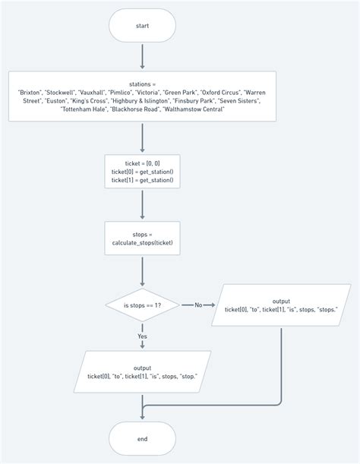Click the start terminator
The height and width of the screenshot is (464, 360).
(142, 26)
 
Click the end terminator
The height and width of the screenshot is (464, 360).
(142, 438)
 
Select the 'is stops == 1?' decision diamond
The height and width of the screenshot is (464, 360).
(142, 305)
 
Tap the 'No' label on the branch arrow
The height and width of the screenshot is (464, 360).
(198, 305)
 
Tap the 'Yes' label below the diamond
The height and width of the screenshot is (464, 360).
(142, 336)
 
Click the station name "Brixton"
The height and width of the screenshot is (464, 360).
(30, 93)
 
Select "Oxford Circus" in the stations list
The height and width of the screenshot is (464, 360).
(220, 93)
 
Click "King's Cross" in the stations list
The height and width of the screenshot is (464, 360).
(89, 100)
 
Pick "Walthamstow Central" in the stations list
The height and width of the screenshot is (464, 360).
(194, 109)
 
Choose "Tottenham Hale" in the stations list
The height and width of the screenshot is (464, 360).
(84, 109)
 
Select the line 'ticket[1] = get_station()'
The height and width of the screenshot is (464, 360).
(142, 180)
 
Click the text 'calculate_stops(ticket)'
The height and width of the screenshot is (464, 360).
(142, 243)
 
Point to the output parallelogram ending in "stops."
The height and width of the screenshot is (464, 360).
(281, 305)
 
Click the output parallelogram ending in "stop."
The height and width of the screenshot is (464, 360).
(142, 372)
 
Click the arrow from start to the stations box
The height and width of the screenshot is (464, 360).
(142, 57)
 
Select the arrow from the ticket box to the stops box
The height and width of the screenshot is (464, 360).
(142, 205)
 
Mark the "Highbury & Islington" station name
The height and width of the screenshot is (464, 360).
(141, 100)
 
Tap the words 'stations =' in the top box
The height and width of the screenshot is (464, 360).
(142, 84)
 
